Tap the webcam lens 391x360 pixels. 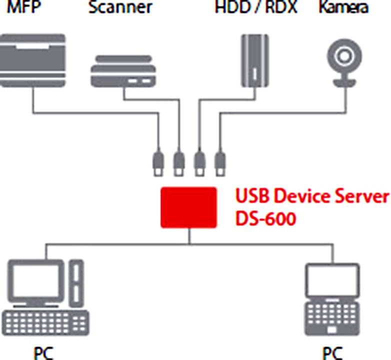(x=345, y=55)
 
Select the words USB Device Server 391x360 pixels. (x=311, y=196)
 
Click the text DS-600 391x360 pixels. (x=265, y=218)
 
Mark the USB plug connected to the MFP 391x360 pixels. (x=158, y=162)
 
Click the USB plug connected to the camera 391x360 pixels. (x=219, y=162)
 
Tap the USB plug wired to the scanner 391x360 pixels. (x=178, y=162)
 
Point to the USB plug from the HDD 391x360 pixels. (x=199, y=162)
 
